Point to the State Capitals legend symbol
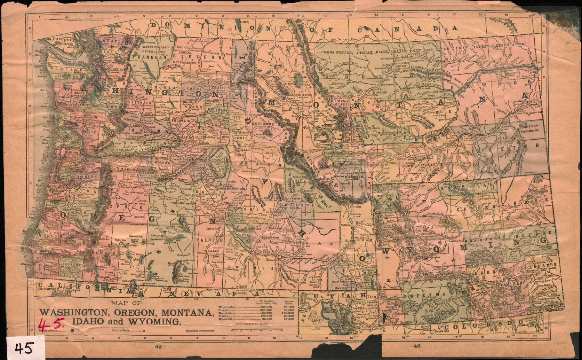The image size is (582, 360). click(x=72, y=330)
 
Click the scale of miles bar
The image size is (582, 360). click(x=257, y=329)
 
